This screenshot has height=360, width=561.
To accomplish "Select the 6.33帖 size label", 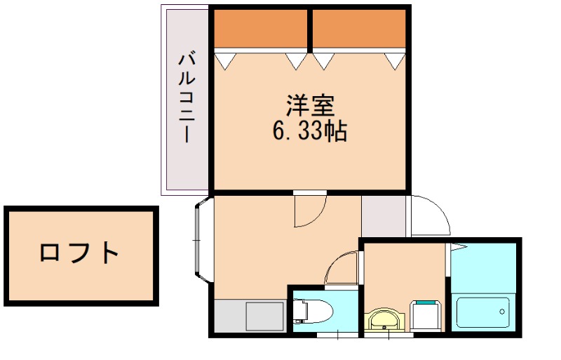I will click(309, 131).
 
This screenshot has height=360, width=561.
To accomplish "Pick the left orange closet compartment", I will click(261, 29).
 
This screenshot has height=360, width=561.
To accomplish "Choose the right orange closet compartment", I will click(359, 29).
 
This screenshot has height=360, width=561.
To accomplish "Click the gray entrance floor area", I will click(384, 216).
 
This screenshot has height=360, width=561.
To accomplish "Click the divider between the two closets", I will click(309, 29).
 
